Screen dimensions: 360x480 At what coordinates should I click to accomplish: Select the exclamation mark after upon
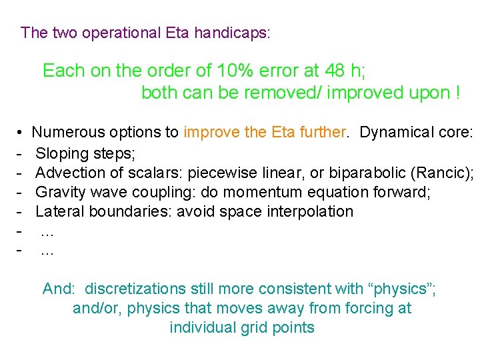coord(457,93)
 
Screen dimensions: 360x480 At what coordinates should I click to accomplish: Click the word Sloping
coord(61,153)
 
